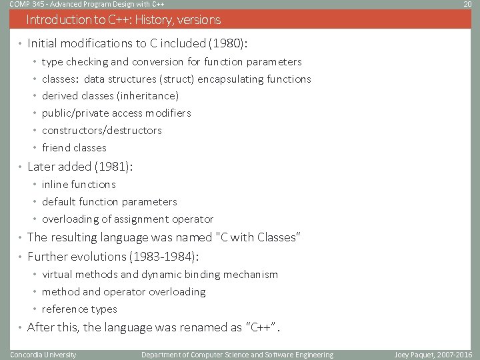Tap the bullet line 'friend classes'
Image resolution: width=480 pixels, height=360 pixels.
pos(74,148)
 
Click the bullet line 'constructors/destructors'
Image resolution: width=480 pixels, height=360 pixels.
pos(101,131)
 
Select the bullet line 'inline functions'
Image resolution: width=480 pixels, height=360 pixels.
pos(79,185)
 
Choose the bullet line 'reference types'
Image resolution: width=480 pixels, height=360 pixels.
pos(79,309)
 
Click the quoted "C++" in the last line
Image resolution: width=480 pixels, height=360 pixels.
pos(261,327)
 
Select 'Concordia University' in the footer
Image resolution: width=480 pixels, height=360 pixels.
pos(43,355)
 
